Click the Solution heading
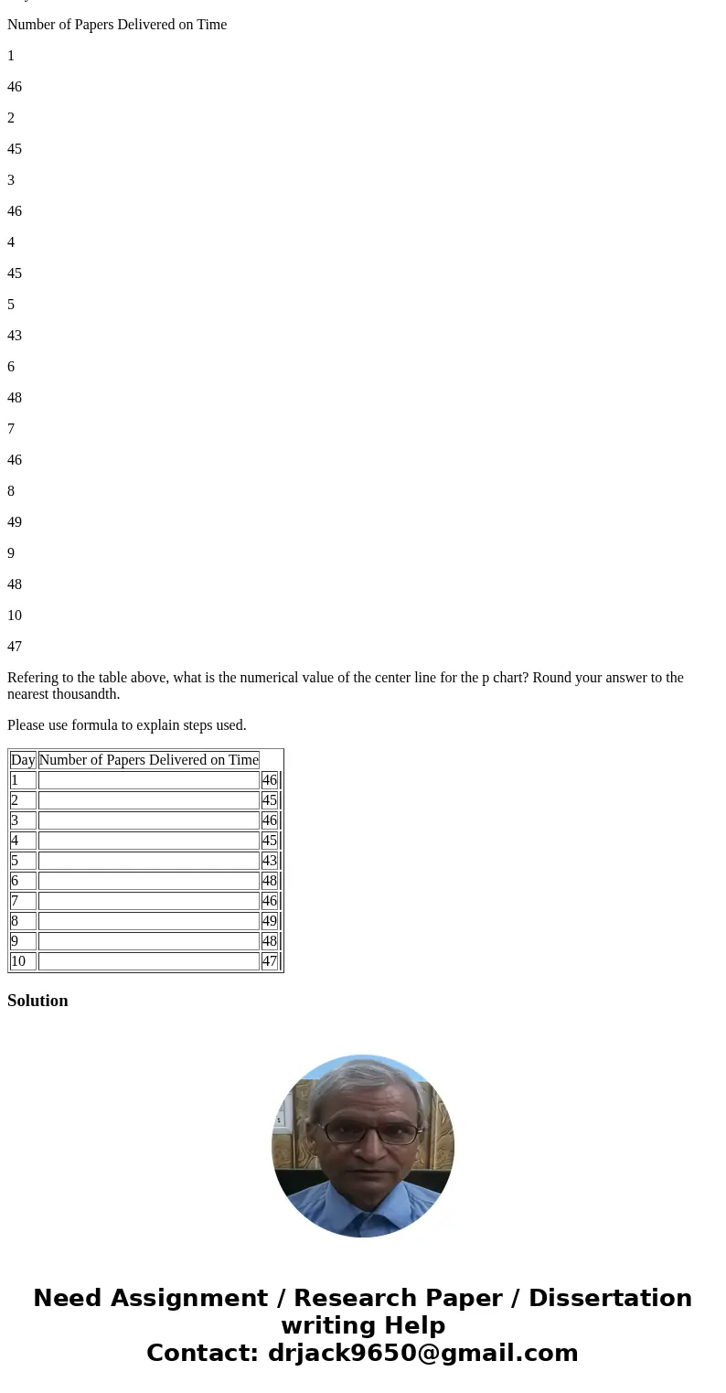click(37, 1001)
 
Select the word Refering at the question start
click(32, 678)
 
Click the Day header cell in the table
click(23, 760)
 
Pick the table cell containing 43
click(269, 861)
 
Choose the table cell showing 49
click(269, 921)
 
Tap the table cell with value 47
click(269, 961)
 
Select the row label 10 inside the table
click(18, 961)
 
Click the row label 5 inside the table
click(15, 861)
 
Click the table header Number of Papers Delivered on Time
click(148, 760)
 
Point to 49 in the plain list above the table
click(15, 522)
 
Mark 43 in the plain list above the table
click(15, 336)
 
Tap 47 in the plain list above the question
click(15, 647)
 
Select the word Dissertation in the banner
click(610, 1298)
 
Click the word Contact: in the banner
click(203, 1353)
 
